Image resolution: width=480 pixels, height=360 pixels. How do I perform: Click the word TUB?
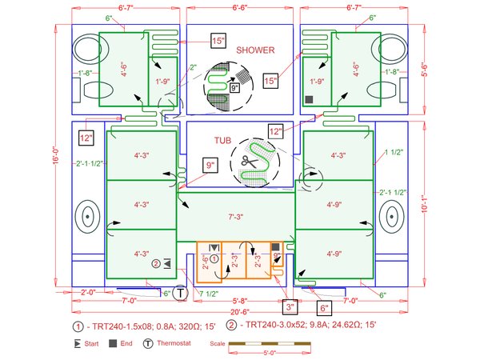pos(222,141)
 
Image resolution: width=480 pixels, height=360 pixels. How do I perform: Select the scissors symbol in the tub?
pos(246,162)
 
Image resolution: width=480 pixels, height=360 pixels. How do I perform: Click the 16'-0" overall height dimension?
pos(56,150)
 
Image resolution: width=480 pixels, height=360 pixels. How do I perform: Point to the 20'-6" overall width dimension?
pos(238,311)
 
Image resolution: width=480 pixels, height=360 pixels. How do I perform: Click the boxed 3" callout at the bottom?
pos(290,305)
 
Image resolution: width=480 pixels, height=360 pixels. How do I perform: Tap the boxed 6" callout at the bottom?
pos(324,307)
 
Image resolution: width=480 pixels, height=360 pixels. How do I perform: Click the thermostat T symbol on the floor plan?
pos(182,294)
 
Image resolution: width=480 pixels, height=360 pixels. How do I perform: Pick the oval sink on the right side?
pos(391,215)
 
